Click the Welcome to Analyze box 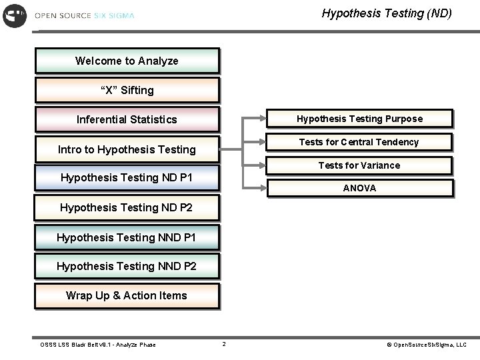click(127, 61)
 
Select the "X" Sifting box click(127, 90)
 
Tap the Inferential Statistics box click(127, 119)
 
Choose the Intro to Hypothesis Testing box click(127, 149)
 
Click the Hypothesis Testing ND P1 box click(127, 177)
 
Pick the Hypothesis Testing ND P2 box click(127, 207)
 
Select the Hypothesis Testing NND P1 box click(127, 237)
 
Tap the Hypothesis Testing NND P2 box click(127, 266)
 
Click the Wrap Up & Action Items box click(127, 295)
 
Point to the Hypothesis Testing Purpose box click(359, 119)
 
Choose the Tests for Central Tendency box click(359, 142)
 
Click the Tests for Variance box click(359, 165)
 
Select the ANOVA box click(359, 188)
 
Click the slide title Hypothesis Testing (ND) click(387, 13)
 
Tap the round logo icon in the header click(15, 15)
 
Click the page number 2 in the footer click(224, 344)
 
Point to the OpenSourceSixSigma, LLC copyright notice click(427, 345)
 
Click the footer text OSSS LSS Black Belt click(98, 345)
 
